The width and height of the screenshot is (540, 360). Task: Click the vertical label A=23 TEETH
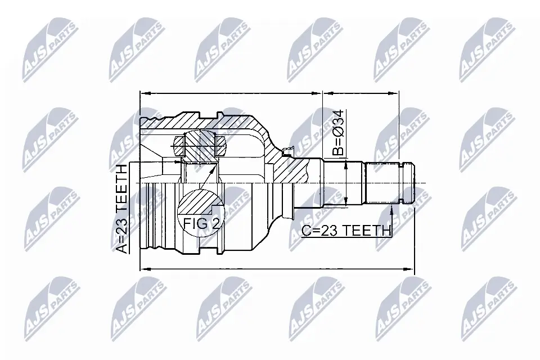[x=124, y=209]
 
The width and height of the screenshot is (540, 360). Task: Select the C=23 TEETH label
[x=346, y=230]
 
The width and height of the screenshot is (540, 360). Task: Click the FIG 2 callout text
[x=201, y=223]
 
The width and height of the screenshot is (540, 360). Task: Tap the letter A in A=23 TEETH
[x=124, y=248]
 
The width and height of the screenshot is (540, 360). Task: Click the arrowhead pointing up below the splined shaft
[x=392, y=209]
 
